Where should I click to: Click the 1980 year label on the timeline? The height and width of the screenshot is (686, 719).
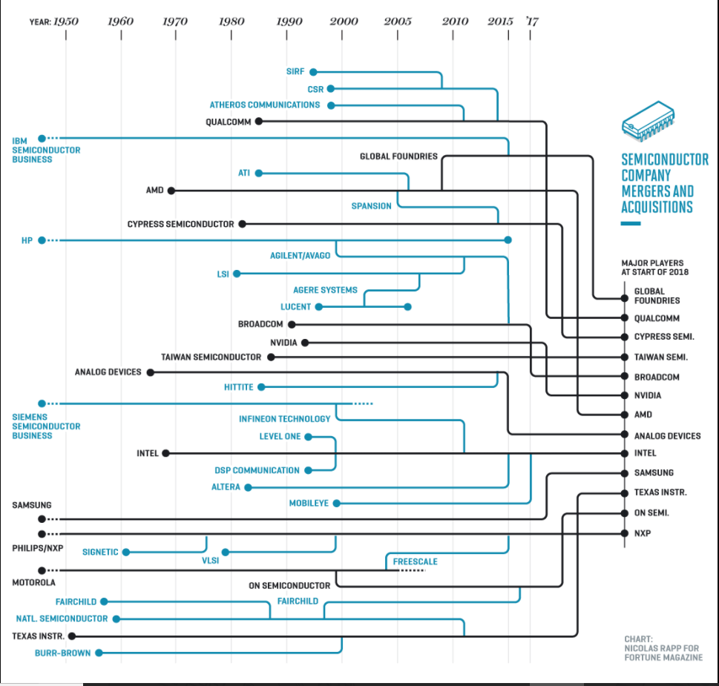[232, 21]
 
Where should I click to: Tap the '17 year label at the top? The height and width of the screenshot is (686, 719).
[531, 21]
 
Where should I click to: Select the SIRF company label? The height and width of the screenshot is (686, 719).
[295, 72]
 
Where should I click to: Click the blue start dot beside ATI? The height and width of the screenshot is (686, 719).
[259, 173]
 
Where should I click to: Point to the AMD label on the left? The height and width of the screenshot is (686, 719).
[154, 191]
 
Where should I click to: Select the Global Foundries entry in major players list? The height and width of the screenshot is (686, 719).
[657, 296]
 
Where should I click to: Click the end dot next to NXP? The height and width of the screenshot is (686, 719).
[625, 533]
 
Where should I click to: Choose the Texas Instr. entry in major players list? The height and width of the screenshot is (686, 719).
[660, 492]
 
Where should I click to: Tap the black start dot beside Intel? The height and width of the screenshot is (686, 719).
[166, 453]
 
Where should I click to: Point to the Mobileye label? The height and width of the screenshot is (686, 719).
[309, 504]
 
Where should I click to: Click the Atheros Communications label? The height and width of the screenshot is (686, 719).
[264, 105]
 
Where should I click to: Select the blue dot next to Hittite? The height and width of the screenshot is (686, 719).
[261, 387]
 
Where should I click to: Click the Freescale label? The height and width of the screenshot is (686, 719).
[415, 561]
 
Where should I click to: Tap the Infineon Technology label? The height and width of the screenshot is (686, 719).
[284, 419]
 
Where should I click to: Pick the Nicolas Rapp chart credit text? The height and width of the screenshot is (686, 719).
[661, 648]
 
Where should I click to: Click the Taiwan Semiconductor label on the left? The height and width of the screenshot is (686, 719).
[211, 357]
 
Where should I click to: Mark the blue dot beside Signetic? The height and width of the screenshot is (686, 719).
[126, 553]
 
